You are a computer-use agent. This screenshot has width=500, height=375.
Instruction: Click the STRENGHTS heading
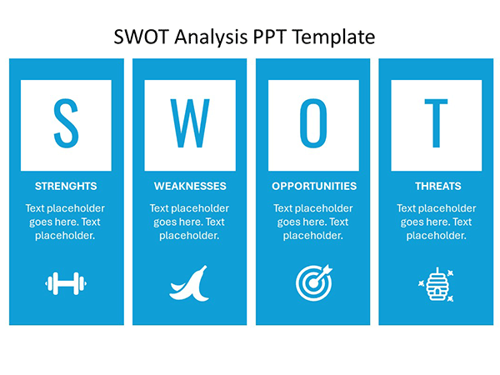pos(66,186)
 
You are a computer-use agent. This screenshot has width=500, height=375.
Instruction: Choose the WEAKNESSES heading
pos(189,186)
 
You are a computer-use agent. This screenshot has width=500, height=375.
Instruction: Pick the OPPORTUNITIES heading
pos(313,186)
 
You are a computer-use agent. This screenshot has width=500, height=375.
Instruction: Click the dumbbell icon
pos(66,284)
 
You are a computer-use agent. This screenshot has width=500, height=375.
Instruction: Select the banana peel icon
pos(188,283)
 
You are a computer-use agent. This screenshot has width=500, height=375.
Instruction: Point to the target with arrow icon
pos(312,282)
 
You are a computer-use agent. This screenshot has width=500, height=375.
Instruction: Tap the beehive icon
pos(436,284)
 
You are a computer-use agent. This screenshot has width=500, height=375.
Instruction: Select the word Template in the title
pos(332,37)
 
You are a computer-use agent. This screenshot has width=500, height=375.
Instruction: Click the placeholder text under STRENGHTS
pos(66,222)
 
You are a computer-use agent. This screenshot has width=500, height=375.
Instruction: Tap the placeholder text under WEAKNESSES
pos(189,222)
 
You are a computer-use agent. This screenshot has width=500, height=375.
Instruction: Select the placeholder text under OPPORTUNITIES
pos(313,222)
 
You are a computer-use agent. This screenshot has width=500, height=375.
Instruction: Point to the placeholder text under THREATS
pos(436,222)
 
